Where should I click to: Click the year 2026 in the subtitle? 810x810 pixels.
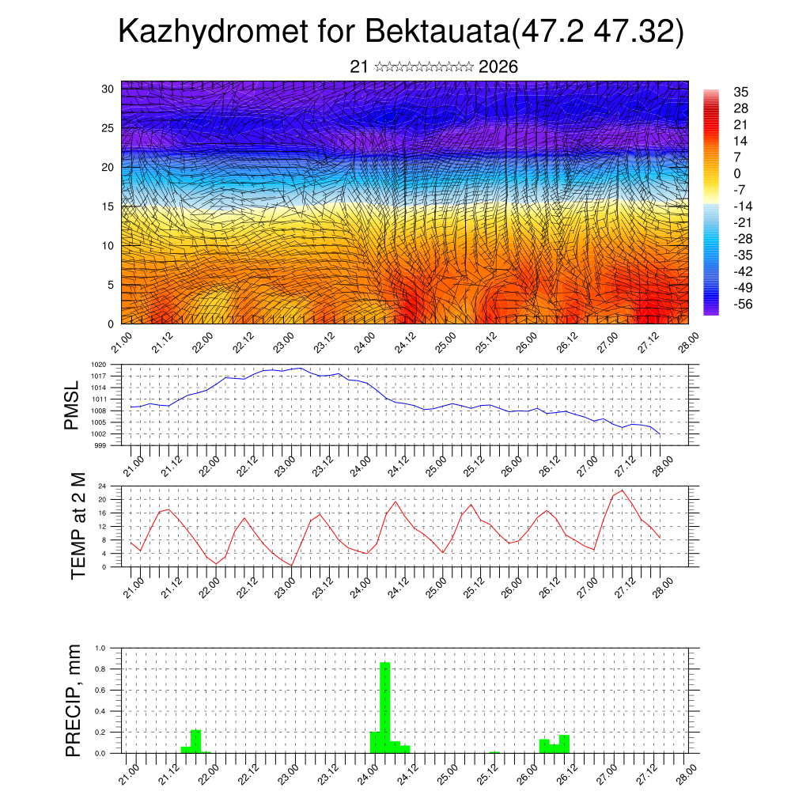coord(498,67)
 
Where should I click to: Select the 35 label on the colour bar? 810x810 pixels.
coord(740,92)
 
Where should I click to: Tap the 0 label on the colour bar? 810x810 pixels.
coord(737,173)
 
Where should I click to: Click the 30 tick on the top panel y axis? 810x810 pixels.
coord(108,89)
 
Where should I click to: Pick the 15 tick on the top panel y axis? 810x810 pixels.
coord(108,206)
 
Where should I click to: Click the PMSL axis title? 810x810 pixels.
coord(72,405)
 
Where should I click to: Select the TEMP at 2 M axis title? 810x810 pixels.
coord(78,525)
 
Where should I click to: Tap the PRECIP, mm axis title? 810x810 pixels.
coord(74,700)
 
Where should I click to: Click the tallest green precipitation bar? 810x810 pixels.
coord(385,707)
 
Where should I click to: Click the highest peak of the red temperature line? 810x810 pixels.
coord(622,490)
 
